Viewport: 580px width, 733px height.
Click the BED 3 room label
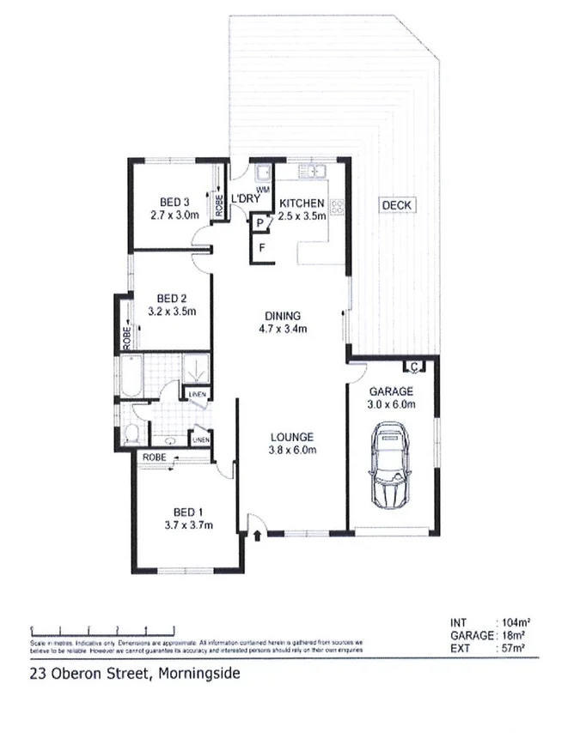174,203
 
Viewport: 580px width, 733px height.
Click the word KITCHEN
302,203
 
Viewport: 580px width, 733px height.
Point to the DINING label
283,315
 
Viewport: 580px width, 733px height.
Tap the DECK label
397,205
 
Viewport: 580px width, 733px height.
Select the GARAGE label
392,391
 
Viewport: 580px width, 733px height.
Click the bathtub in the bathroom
134,378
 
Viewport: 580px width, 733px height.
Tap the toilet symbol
132,431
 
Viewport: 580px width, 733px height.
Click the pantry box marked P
259,223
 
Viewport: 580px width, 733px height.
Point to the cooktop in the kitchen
338,207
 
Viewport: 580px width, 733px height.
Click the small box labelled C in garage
413,367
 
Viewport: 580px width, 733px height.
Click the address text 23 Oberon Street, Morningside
135,673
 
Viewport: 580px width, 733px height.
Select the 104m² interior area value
512,622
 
